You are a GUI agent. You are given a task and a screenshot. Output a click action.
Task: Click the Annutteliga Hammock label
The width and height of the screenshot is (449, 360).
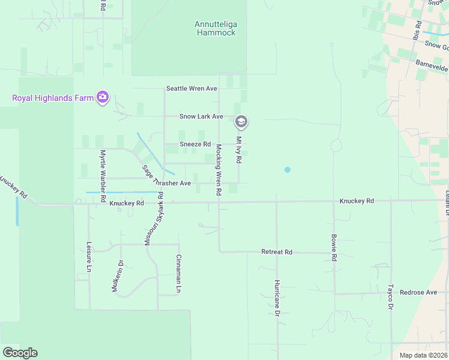215,28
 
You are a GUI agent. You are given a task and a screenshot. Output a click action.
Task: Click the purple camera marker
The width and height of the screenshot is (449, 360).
103,97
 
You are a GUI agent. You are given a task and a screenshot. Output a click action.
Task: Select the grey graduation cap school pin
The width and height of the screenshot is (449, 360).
241,122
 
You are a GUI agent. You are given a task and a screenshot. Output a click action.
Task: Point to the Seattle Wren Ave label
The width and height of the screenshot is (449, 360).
191,89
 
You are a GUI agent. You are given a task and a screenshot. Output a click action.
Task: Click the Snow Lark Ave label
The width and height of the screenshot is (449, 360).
201,116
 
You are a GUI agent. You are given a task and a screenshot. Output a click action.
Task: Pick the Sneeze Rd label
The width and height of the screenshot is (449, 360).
195,144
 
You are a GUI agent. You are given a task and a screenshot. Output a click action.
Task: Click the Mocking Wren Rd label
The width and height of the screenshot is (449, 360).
218,169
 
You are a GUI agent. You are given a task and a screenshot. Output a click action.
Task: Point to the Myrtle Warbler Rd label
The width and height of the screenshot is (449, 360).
103,175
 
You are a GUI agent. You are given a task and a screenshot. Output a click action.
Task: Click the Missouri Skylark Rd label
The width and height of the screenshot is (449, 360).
153,219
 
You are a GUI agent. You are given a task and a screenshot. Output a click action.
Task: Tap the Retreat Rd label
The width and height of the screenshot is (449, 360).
277,252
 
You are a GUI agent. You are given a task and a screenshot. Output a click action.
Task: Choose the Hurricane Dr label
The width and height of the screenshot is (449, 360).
277,297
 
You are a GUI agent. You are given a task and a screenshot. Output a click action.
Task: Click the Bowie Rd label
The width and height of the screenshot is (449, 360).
334,247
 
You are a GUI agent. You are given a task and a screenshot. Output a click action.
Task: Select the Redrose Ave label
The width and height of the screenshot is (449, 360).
419,292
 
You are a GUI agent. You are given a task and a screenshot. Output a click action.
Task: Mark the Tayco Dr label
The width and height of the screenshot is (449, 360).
390,296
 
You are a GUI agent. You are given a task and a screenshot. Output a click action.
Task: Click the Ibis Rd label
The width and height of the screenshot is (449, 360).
416,31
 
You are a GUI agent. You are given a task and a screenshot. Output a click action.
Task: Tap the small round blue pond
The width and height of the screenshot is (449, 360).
288,170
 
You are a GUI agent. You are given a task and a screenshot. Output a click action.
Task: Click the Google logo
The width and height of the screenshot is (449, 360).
20,353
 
